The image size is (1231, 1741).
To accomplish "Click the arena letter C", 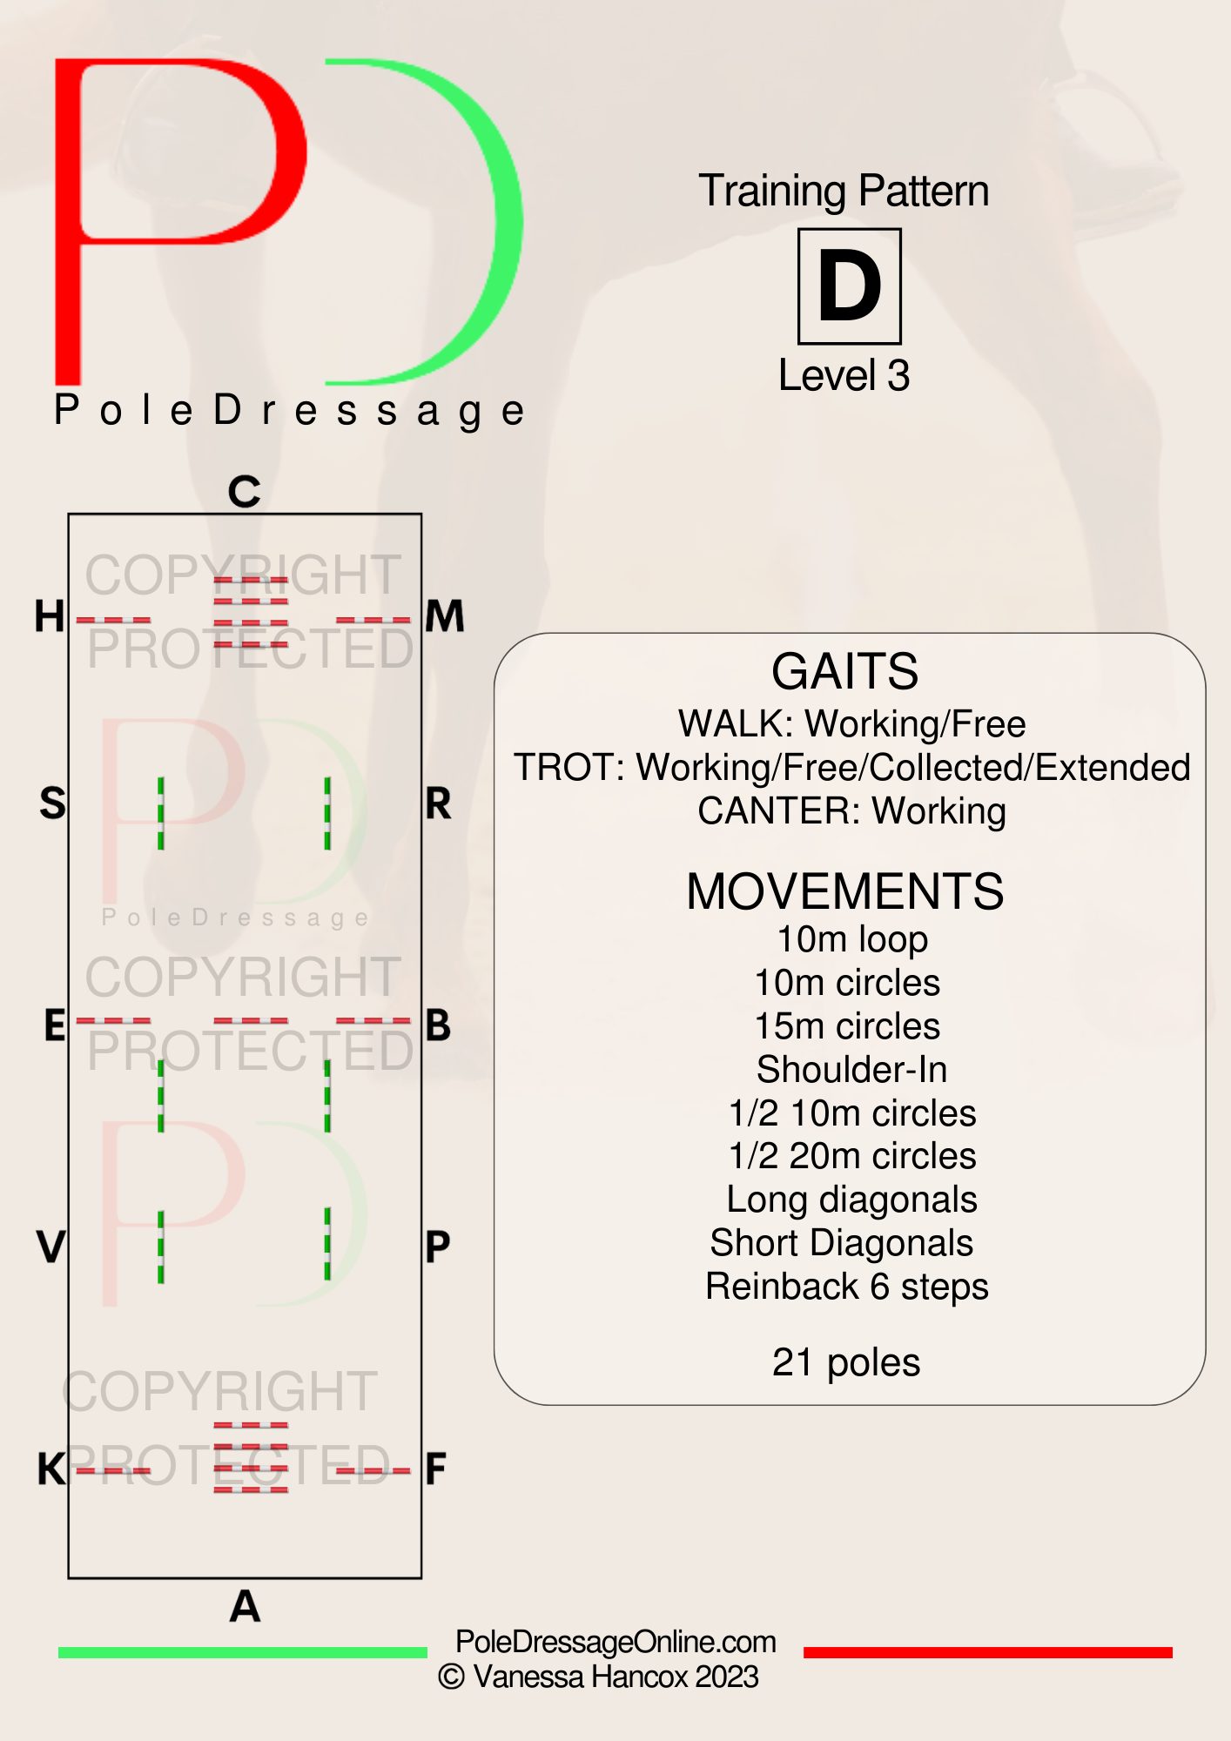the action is click(245, 492).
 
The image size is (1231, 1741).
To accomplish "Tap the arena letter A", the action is click(245, 1606).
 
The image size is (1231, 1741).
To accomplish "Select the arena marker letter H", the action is click(50, 616).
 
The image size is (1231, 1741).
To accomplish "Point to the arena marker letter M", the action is click(445, 616).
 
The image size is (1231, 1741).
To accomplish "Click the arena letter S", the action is click(52, 803).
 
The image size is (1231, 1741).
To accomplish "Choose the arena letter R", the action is click(439, 803).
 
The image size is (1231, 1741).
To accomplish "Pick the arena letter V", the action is click(51, 1247).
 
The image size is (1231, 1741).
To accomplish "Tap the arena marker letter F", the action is click(436, 1469).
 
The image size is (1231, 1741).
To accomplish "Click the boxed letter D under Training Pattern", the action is click(850, 286).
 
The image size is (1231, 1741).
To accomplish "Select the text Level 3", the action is click(844, 376).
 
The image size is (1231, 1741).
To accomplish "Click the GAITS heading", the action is click(845, 671).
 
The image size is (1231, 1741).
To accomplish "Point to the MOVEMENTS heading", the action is click(845, 891).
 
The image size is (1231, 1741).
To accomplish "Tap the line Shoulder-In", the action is click(851, 1069).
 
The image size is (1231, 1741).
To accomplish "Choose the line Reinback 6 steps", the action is click(847, 1287).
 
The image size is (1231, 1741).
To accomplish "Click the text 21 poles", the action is click(846, 1362).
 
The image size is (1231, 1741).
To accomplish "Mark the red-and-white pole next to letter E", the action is click(113, 1020).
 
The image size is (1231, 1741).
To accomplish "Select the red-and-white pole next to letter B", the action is click(373, 1020).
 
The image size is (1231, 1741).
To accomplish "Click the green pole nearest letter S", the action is click(161, 813).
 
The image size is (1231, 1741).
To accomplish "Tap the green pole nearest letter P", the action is click(327, 1243).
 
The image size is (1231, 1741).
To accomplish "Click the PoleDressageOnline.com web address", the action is click(615, 1642).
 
